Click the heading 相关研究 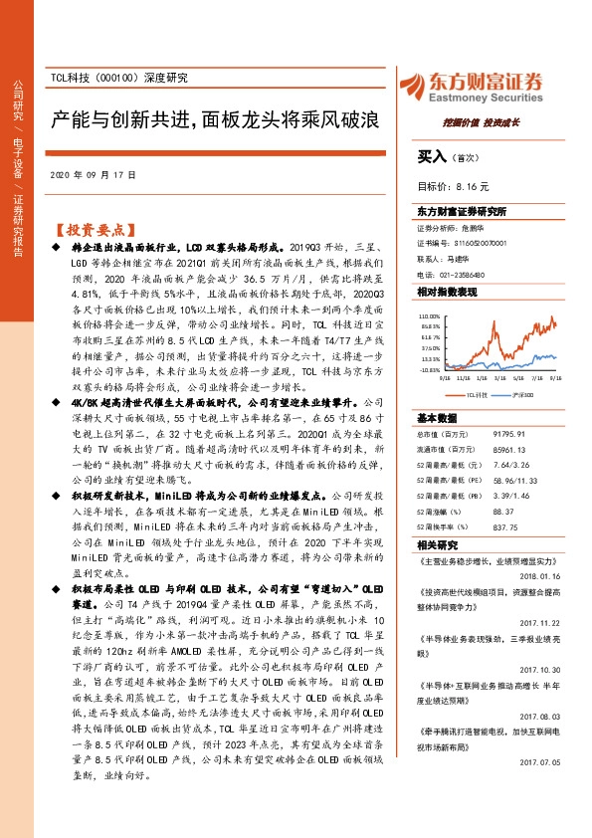click(434, 545)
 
